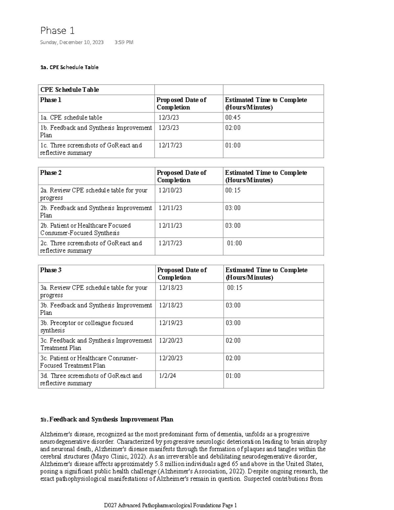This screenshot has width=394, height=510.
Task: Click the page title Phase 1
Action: tap(57, 31)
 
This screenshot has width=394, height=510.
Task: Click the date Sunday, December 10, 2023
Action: tap(72, 42)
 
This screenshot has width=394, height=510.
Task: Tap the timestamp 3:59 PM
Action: tap(124, 42)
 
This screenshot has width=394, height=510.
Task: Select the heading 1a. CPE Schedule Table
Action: tap(69, 67)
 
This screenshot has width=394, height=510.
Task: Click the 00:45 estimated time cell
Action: tap(233, 118)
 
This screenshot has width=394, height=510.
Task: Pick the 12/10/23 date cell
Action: tap(170, 190)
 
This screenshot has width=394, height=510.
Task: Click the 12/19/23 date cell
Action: tap(171, 323)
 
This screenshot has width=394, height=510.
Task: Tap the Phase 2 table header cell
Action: tap(51, 173)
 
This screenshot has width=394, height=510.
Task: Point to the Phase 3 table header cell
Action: tap(51, 270)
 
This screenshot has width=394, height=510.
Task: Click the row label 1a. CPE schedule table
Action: tap(71, 118)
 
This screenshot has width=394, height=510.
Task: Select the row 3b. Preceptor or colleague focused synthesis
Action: tap(86, 326)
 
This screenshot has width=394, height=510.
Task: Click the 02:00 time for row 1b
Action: tap(233, 128)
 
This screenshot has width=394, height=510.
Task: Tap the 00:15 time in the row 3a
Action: tap(235, 288)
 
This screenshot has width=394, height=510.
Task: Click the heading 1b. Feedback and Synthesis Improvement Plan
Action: tap(107, 419)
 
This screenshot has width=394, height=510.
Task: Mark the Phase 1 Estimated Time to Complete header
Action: tap(266, 103)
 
